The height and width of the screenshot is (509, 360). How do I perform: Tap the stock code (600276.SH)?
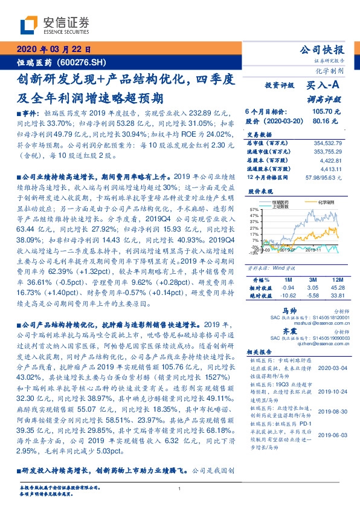click(85, 62)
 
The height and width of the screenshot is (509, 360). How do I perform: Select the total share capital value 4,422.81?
click(332, 158)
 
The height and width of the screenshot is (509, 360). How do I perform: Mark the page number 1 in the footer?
click(179, 489)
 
